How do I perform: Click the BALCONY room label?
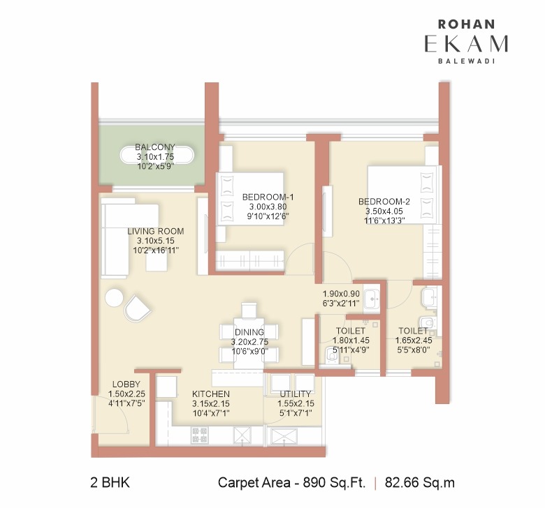point(155,147)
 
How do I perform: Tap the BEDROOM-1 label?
point(268,197)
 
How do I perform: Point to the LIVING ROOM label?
point(155,231)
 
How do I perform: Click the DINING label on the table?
point(249,331)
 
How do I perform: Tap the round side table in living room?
point(114,298)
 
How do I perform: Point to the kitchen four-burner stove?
point(199,435)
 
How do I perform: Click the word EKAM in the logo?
point(466,43)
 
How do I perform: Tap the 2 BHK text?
point(110,482)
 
